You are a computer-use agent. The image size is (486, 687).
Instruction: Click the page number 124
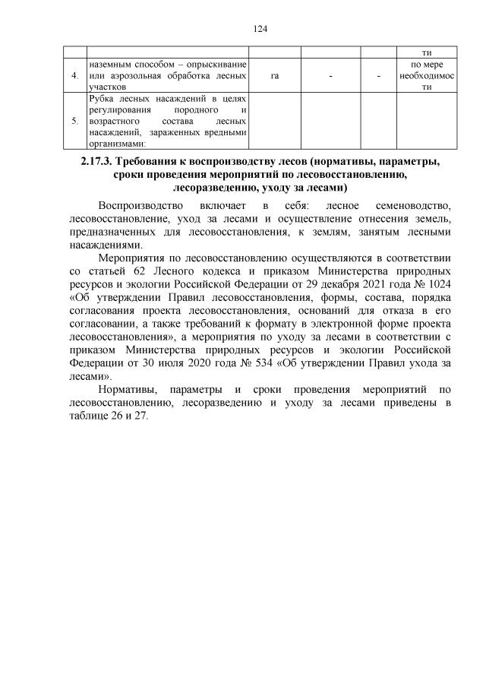[x=260, y=29]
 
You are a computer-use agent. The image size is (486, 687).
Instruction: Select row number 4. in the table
[x=74, y=77]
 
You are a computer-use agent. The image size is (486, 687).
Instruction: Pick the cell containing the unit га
[x=274, y=77]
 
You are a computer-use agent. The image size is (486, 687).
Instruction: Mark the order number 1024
[x=440, y=283]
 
